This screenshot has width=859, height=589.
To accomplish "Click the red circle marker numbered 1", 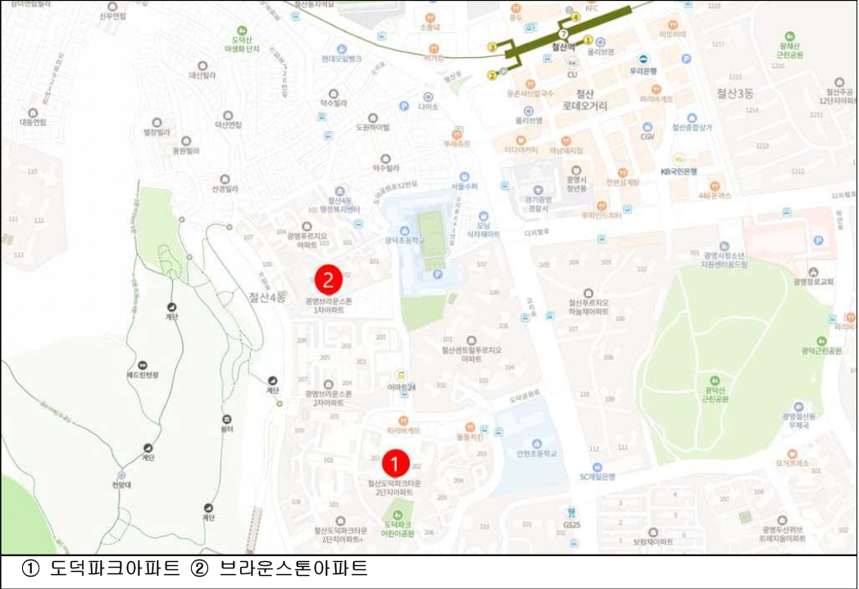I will [394, 464].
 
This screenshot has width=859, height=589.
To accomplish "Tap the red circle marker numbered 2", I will [328, 281].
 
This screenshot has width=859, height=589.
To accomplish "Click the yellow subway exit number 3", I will [492, 48].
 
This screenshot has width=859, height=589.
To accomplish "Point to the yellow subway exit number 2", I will [492, 75].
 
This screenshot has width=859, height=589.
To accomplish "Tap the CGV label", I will [648, 137].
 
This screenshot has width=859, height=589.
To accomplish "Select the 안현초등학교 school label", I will [537, 453].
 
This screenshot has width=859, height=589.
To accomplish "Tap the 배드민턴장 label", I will [143, 375].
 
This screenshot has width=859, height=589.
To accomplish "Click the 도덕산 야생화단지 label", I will [246, 44].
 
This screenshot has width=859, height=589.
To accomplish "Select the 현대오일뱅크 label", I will [341, 58].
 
